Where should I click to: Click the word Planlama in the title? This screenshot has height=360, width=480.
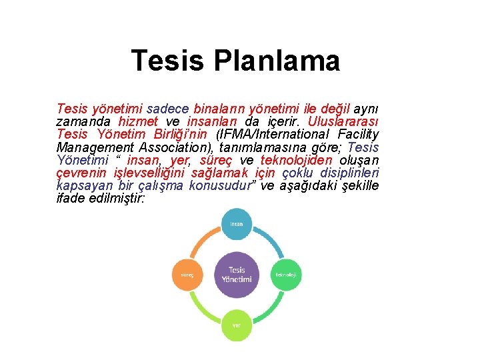[277, 61]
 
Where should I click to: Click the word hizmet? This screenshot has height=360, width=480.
[138, 121]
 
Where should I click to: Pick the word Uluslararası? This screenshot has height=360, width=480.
[343, 121]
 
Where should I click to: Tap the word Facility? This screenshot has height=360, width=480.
[354, 134]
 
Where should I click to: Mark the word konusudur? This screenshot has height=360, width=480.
[220, 185]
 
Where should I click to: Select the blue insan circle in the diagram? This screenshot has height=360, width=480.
[236, 225]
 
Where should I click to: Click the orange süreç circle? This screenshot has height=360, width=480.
[187, 275]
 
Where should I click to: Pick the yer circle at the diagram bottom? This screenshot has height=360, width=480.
[236, 325]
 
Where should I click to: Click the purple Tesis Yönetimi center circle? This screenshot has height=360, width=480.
[236, 275]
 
